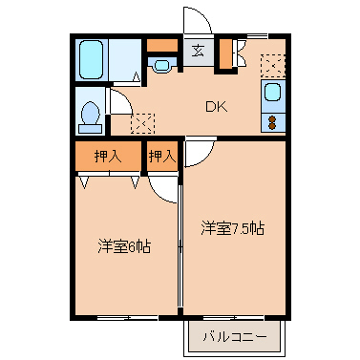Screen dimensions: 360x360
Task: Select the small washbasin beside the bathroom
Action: coord(162,66)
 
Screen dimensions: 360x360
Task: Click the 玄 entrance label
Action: coord(198,52)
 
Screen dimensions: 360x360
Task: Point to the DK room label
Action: coord(215,108)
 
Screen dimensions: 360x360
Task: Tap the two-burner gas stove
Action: coord(272,122)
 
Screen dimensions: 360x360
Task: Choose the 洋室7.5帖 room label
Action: coord(232,229)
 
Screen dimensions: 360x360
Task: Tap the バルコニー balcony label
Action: coord(234,336)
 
